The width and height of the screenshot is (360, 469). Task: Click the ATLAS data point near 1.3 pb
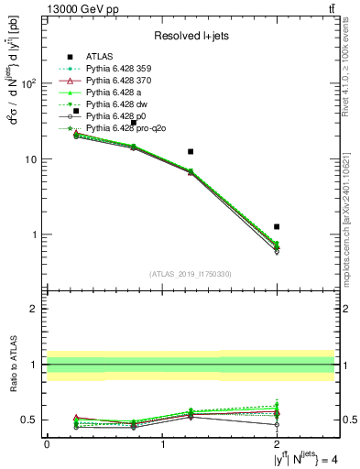pos(277,226)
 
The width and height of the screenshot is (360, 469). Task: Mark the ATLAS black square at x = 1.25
pos(191,151)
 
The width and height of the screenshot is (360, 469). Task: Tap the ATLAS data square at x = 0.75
pos(133,123)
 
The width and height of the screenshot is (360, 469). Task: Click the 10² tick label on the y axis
pos(29,83)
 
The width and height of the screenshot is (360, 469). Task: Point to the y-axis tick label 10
pos(33,159)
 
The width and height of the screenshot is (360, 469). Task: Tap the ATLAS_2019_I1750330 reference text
pos(191,274)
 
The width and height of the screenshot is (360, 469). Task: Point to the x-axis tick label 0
pos(47,444)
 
